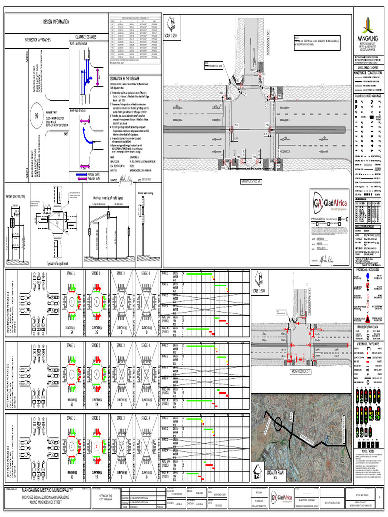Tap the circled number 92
tap(36, 116)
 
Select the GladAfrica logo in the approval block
tap(330, 203)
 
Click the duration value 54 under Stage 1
tap(72, 333)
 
